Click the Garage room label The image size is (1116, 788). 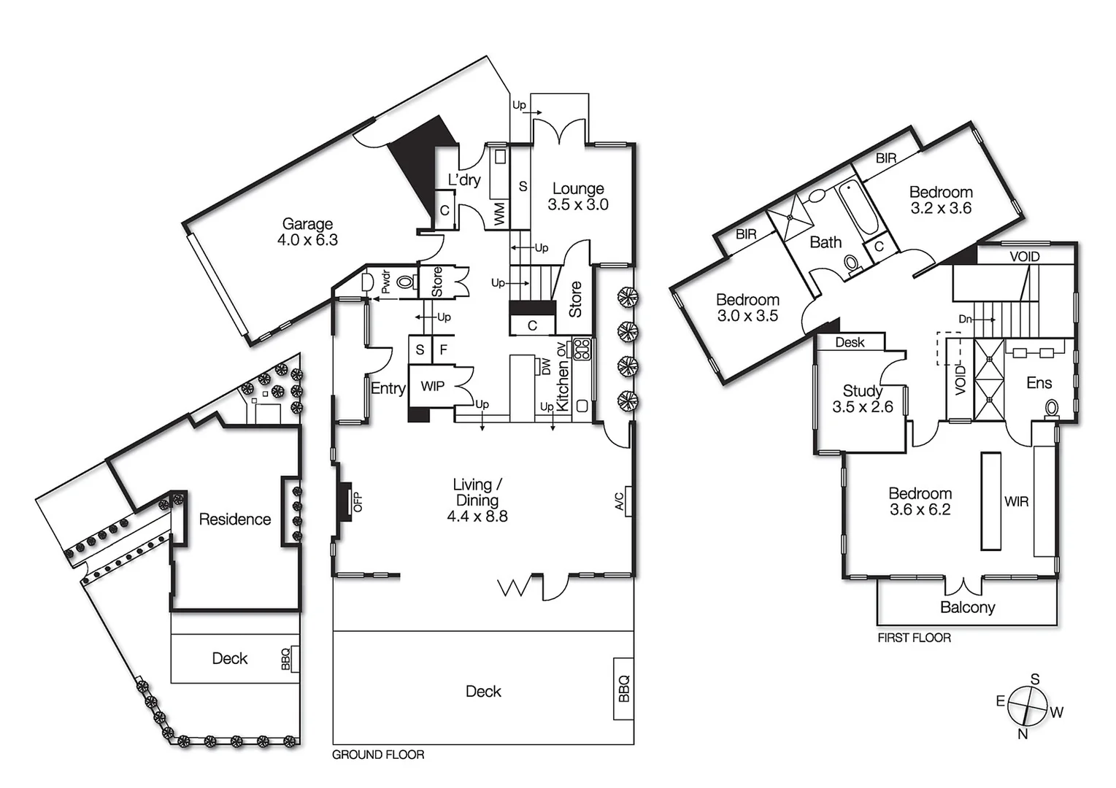[x=307, y=232]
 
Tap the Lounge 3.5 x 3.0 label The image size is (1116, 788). [x=578, y=197]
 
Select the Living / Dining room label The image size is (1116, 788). [x=477, y=501]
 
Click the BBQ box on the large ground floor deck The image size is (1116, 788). [x=623, y=689]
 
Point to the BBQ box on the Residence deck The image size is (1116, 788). [x=287, y=659]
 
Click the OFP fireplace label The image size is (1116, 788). [x=358, y=502]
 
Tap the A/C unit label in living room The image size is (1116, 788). [x=620, y=501]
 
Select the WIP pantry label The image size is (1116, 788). [x=432, y=386]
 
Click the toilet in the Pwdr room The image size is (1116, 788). [x=406, y=282]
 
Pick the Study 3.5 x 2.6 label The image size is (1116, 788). [x=863, y=399]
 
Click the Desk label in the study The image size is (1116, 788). [x=850, y=342]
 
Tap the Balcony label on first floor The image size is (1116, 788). [x=967, y=607]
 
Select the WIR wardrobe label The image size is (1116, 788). [x=1016, y=501]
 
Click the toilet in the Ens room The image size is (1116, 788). [x=1052, y=407]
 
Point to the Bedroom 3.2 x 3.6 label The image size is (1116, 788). [x=941, y=200]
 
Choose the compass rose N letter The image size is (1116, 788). [x=1023, y=734]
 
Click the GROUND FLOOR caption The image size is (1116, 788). [x=378, y=754]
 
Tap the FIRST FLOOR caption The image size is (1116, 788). [x=914, y=638]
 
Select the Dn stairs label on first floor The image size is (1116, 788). [x=965, y=319]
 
